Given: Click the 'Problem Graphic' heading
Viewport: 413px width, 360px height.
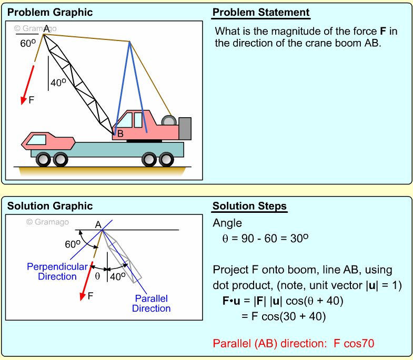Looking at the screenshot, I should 50,13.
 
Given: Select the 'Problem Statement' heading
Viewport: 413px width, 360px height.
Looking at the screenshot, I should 261,13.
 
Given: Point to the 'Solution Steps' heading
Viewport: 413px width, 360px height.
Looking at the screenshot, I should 249,206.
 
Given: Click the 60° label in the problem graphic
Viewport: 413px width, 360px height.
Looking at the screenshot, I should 27,44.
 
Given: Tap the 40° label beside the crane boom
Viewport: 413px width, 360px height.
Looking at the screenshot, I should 58,83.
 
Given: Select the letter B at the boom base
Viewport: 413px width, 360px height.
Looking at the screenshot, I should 120,134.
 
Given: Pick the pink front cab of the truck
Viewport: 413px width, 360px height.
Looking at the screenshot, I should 47,140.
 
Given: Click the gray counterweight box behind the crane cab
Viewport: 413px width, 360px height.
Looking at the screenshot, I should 185,129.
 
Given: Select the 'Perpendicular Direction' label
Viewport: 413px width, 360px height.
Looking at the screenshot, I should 57,272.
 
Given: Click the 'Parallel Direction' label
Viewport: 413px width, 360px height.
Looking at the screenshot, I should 151,303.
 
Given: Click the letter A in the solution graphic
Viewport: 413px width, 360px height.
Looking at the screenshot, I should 98,225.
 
